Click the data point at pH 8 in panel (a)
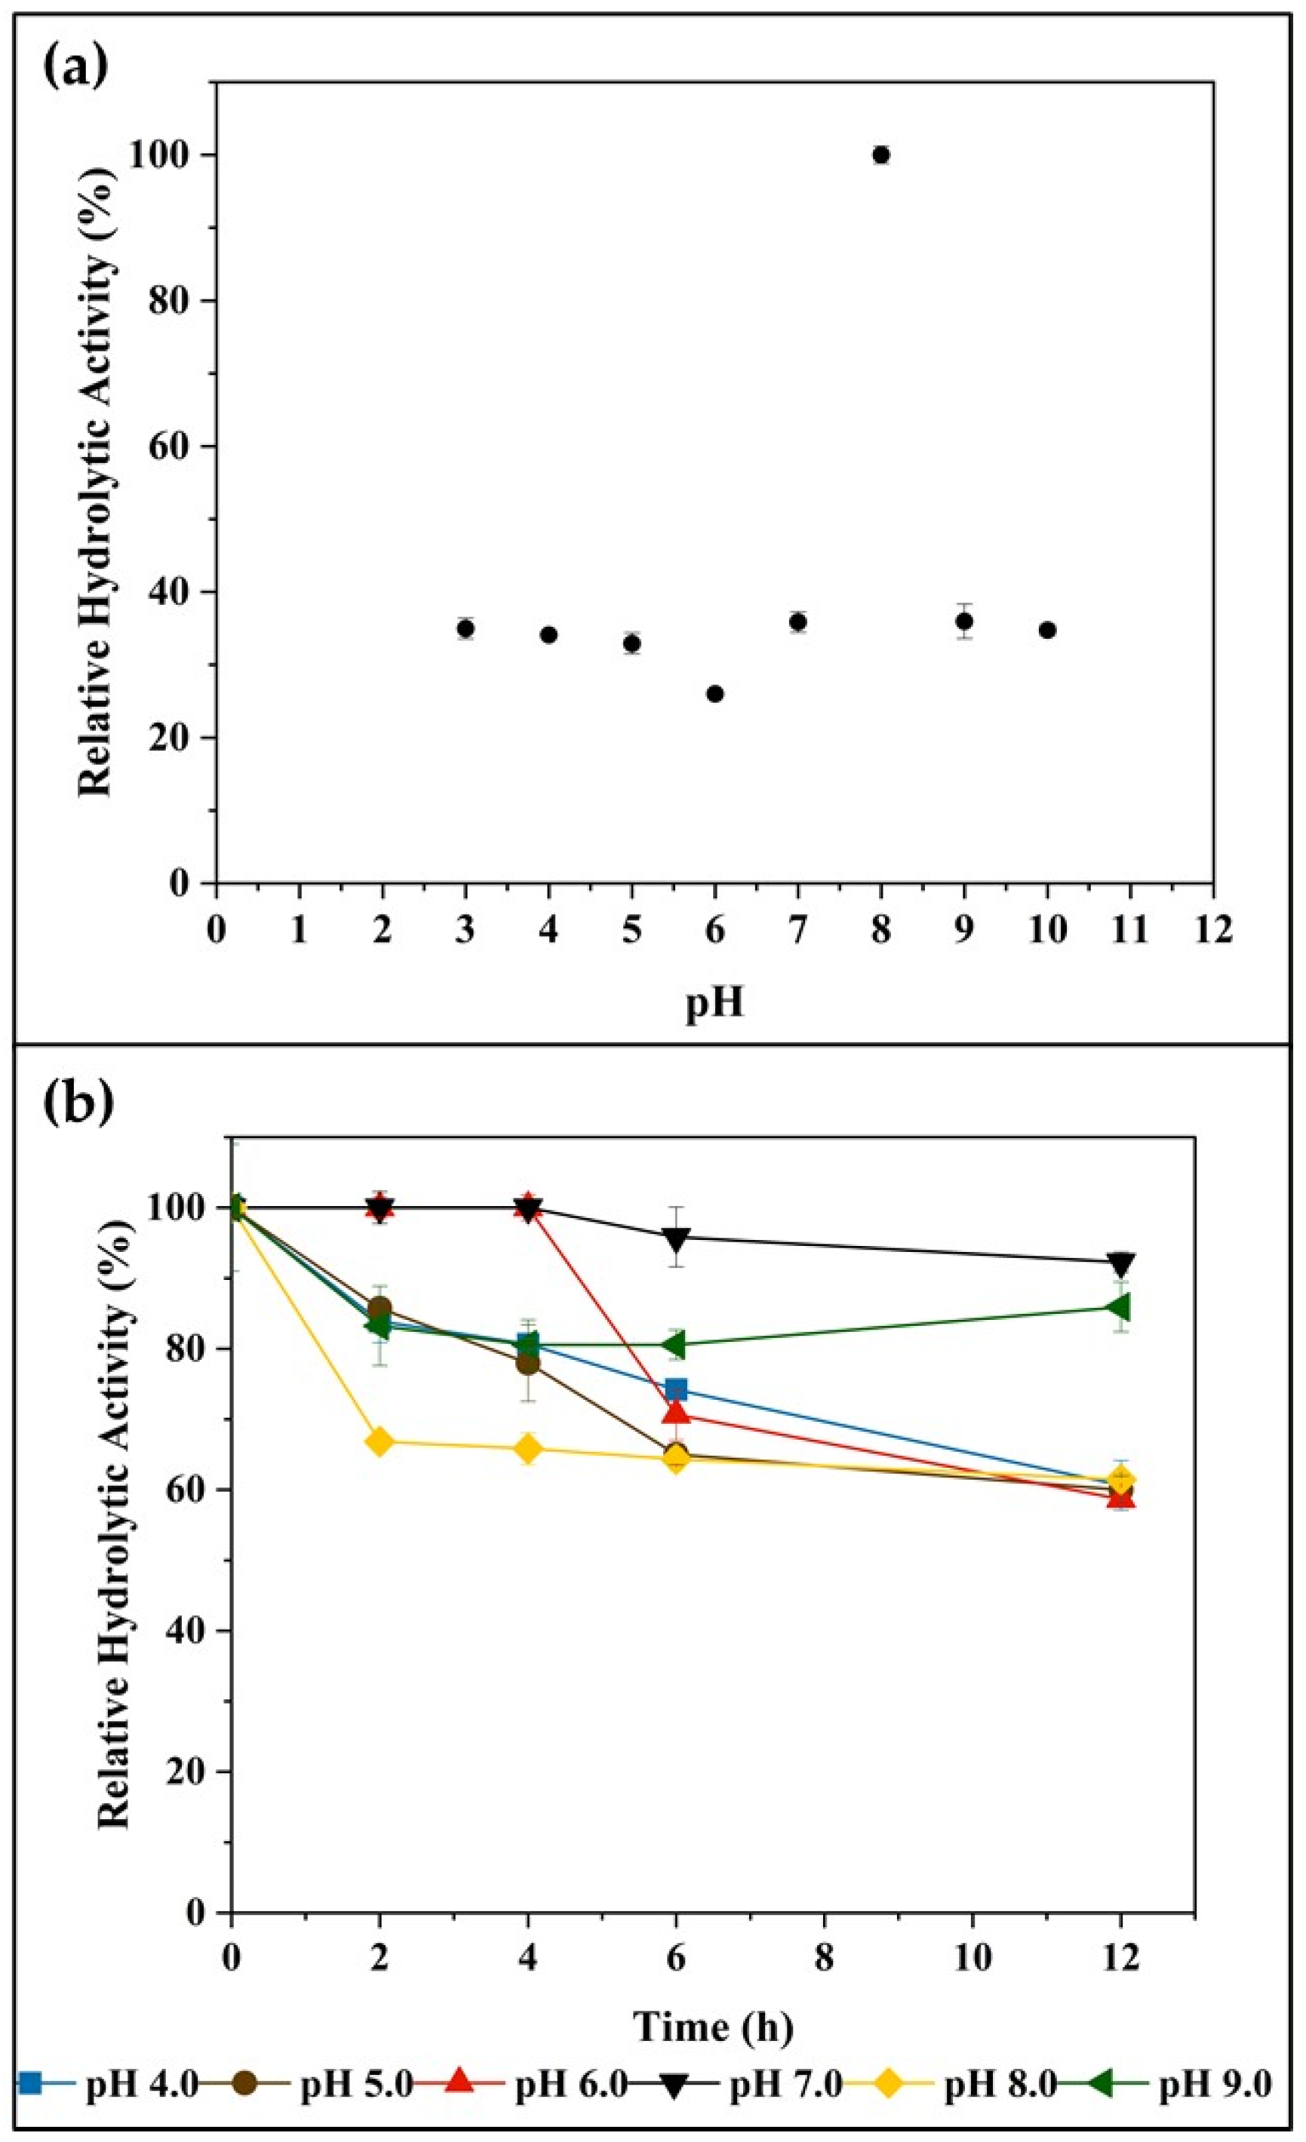880,155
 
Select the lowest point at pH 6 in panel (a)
714,694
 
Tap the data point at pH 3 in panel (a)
466,628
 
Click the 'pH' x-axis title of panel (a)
714,1002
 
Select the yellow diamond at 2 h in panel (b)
379,1441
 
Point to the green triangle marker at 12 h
1119,1306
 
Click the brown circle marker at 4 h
528,1363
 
